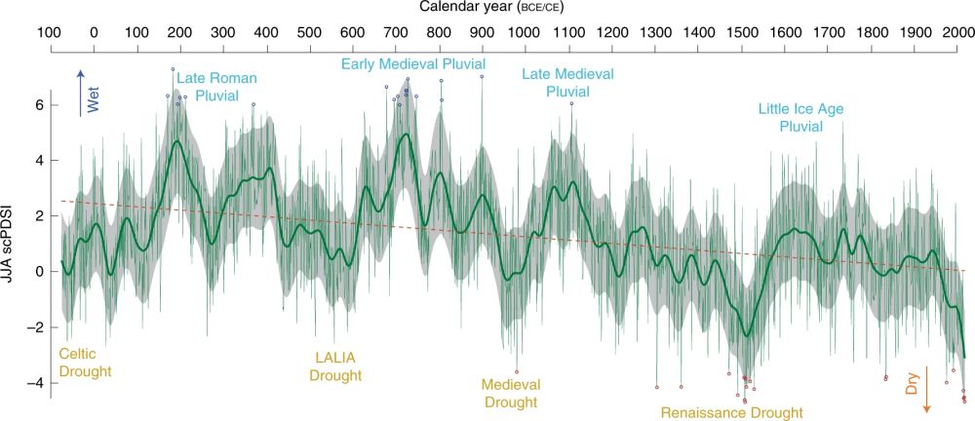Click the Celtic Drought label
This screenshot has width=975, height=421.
[x=86, y=363]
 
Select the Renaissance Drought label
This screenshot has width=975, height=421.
[x=731, y=412]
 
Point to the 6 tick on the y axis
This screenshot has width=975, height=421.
[x=38, y=103]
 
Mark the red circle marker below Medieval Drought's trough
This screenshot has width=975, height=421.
[x=517, y=371]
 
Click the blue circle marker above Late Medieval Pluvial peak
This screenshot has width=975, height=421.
[x=571, y=103]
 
